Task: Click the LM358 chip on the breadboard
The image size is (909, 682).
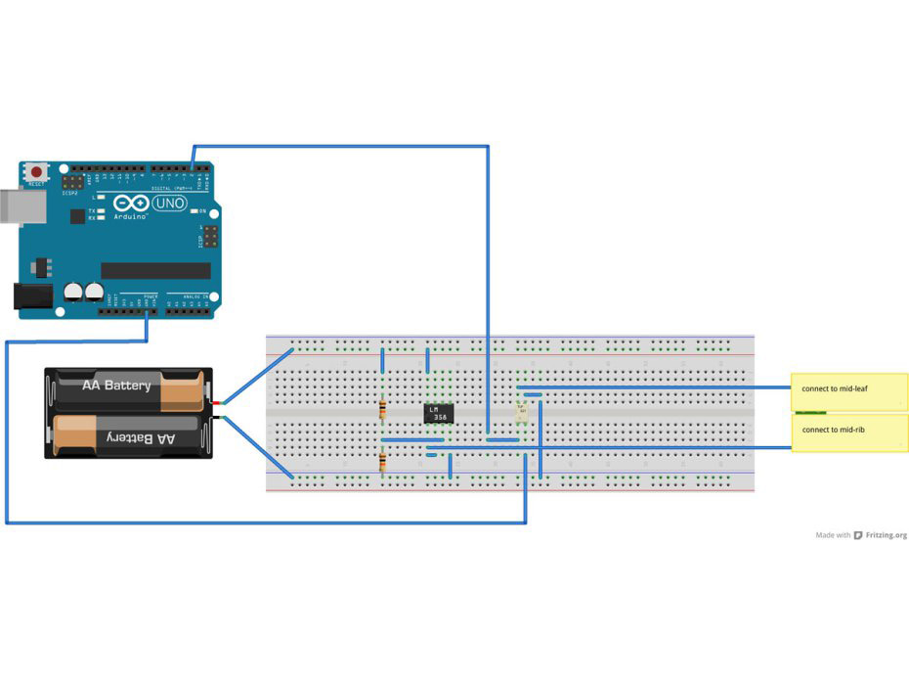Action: (x=438, y=414)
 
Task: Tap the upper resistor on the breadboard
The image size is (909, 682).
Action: (x=382, y=408)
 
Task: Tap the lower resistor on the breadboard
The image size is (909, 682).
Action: (x=382, y=460)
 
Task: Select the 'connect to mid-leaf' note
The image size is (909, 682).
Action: (x=848, y=389)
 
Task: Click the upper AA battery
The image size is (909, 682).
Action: (x=129, y=387)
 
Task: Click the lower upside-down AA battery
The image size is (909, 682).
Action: (x=129, y=436)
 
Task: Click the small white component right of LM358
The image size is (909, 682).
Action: (x=522, y=412)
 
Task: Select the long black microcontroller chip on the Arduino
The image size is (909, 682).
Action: (x=155, y=270)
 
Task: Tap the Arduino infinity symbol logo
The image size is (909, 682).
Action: (x=130, y=204)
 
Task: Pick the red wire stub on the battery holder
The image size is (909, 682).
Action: (x=219, y=401)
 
